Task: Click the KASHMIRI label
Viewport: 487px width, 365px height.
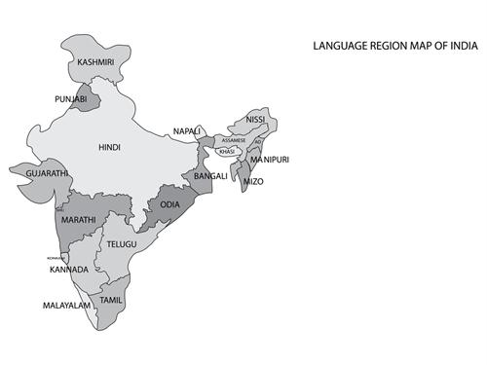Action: [94, 63]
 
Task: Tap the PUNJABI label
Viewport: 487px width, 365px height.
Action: [70, 98]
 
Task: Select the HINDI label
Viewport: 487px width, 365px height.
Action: [109, 148]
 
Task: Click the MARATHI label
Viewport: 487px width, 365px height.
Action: [78, 221]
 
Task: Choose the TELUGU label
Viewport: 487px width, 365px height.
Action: [122, 243]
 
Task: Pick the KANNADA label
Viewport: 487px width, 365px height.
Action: [70, 269]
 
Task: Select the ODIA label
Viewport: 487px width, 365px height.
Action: [170, 204]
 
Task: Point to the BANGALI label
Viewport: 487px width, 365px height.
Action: [210, 176]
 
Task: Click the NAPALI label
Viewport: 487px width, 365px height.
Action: [187, 130]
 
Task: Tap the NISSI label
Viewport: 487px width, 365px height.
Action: [255, 120]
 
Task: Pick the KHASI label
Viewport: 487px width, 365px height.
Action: [227, 152]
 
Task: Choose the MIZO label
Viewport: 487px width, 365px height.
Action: [251, 181]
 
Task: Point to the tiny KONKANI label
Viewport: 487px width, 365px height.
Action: [56, 258]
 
